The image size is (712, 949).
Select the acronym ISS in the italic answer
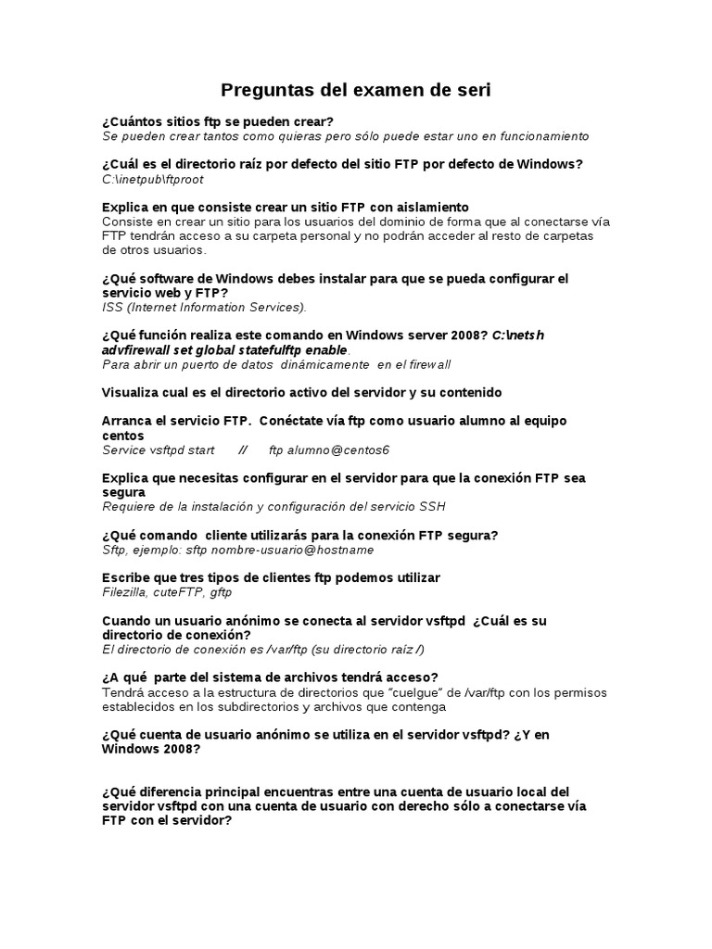tap(112, 307)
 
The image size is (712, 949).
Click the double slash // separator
tap(242, 450)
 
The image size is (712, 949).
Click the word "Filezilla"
tap(124, 592)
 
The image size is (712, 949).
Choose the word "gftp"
tap(221, 592)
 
